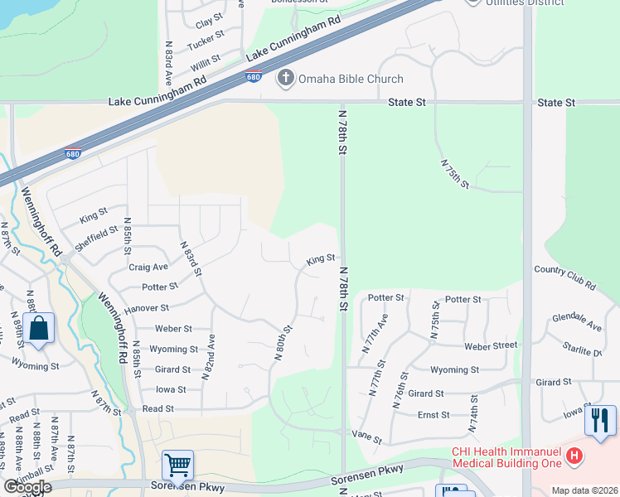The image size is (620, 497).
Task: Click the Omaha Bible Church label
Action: (x=351, y=79)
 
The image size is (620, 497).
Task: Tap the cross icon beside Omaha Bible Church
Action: (x=285, y=79)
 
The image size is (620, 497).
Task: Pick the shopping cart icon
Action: (x=177, y=466)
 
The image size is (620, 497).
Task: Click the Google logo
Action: (x=27, y=487)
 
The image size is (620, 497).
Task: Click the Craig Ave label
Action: (x=148, y=267)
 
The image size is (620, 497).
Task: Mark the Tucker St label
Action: (x=206, y=41)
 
